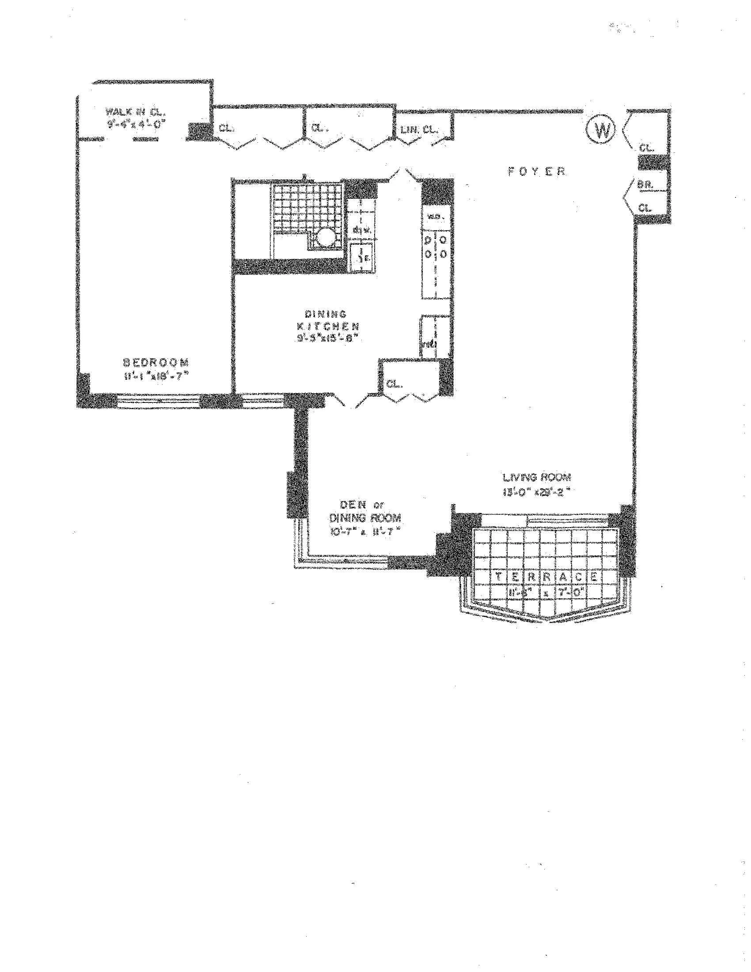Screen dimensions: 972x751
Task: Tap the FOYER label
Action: (537, 171)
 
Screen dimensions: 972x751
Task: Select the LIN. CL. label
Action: (419, 130)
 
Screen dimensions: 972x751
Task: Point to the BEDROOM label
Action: (155, 362)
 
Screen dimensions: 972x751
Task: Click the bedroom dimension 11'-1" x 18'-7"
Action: (157, 376)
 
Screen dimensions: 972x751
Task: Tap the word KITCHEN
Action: (327, 326)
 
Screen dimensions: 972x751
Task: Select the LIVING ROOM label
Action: (537, 478)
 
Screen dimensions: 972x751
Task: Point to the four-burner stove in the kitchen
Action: (436, 247)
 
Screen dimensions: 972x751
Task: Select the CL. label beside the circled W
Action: (646, 148)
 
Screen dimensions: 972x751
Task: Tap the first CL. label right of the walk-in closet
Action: (226, 128)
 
